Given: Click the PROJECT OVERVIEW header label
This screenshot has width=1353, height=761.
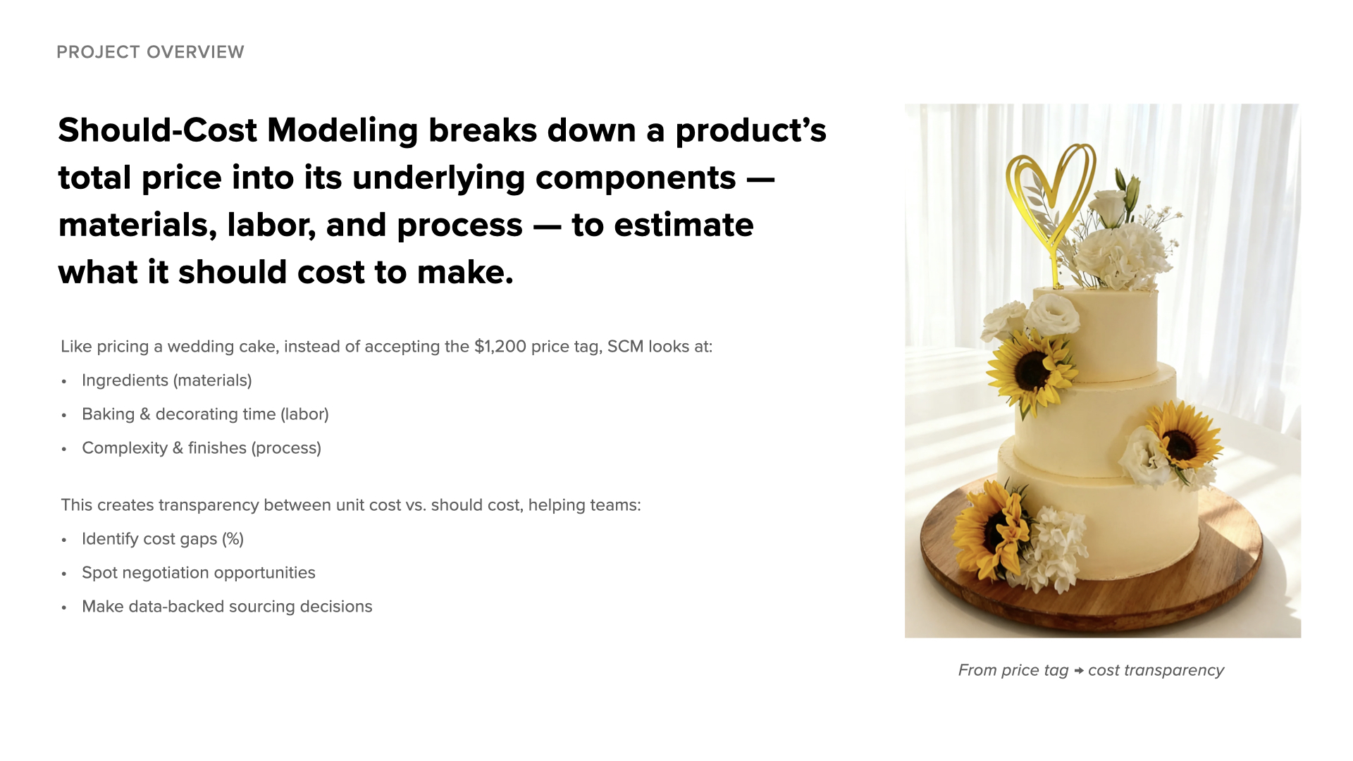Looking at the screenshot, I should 150,52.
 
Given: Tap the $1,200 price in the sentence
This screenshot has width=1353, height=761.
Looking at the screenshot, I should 500,347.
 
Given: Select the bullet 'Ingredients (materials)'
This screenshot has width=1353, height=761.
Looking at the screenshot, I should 166,380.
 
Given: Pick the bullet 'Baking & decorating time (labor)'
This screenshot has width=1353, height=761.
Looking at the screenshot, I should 205,414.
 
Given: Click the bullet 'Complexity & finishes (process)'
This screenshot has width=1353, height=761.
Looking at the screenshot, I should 202,448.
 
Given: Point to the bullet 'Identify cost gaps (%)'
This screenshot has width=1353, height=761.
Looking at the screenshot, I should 163,539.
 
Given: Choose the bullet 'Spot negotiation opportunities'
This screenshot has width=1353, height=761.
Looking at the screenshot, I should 199,573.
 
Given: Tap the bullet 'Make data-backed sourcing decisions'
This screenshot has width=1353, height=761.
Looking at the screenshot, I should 227,607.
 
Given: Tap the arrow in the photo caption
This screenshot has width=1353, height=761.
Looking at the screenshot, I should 1078,671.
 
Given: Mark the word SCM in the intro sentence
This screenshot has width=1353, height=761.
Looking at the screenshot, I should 625,347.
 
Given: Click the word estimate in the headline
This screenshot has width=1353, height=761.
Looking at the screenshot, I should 684,225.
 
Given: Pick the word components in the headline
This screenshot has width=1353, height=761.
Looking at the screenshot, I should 636,178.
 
